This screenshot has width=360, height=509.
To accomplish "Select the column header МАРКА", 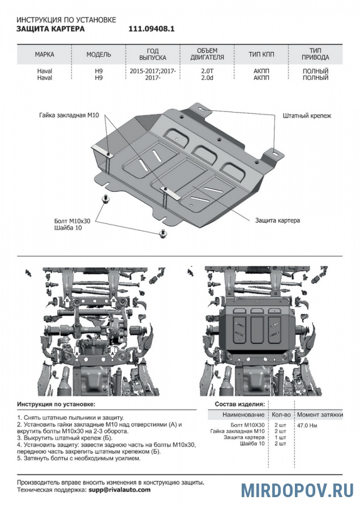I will point(44,54).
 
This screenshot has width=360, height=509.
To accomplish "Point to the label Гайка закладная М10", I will point(70,115).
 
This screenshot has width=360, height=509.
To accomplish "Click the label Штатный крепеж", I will point(307,115).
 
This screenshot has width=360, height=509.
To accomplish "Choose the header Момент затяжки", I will point(320,415).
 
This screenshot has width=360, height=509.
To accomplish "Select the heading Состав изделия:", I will point(239,404).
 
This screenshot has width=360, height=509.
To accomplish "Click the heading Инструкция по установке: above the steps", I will point(56,404).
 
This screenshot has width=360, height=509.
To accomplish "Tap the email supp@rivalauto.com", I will point(119,489).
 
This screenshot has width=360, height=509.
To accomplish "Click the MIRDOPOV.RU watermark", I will point(297,490).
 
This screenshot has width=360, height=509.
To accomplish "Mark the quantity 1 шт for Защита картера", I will point(280,437).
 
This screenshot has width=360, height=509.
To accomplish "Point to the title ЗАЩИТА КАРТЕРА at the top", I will point(50,29).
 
